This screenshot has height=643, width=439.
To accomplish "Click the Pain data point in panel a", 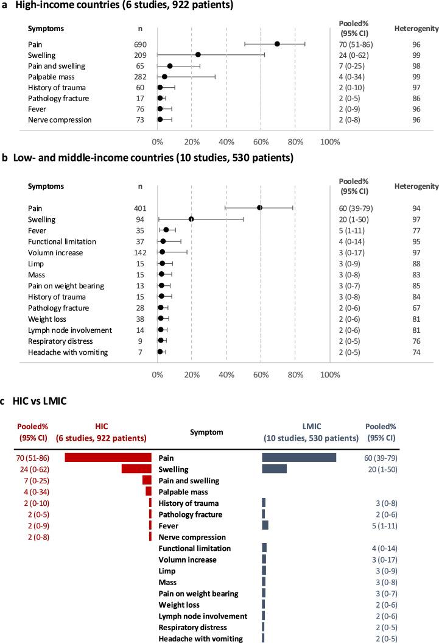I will click(277, 44).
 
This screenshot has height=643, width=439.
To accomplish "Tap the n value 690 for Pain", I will click(141, 44).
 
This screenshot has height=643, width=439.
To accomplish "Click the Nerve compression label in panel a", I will click(60, 119).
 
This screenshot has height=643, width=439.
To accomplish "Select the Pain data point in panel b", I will click(260, 208).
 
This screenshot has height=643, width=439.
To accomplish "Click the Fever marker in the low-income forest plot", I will click(166, 230).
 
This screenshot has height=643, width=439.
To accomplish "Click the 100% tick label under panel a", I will click(329, 142).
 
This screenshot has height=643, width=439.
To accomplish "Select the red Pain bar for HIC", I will click(108, 458).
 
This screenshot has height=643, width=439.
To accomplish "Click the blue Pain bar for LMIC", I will click(299, 458).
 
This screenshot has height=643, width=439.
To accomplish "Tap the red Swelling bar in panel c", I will click(136, 469).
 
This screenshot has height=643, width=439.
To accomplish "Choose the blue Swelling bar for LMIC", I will click(274, 469).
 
